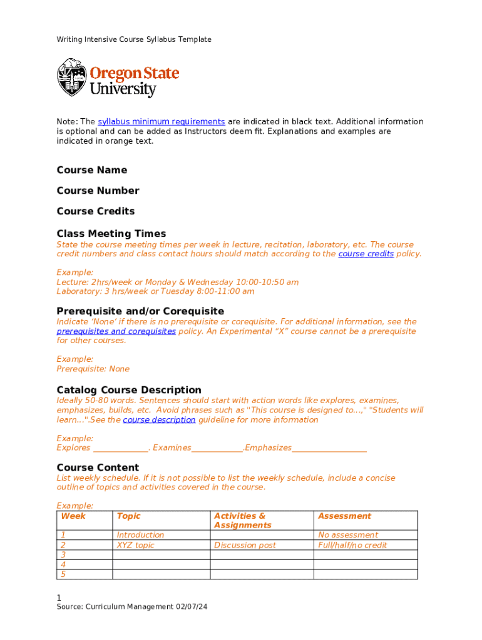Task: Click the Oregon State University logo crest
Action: click(71, 77)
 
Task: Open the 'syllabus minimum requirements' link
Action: click(161, 121)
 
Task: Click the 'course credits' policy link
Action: click(366, 254)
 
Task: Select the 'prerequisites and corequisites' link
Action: click(116, 331)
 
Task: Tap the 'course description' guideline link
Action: click(159, 420)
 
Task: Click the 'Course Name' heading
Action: click(91, 170)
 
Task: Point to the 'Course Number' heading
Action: click(98, 191)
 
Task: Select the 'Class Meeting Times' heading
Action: click(111, 234)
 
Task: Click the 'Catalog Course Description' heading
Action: click(129, 390)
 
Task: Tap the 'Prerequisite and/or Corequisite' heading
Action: click(140, 311)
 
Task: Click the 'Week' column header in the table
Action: click(73, 516)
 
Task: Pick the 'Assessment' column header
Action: click(344, 516)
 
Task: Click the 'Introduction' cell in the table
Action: click(140, 535)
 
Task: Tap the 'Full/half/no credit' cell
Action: click(352, 546)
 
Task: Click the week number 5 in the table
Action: click(63, 574)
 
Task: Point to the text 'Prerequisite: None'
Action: click(93, 369)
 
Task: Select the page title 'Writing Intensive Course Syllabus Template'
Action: click(134, 39)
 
